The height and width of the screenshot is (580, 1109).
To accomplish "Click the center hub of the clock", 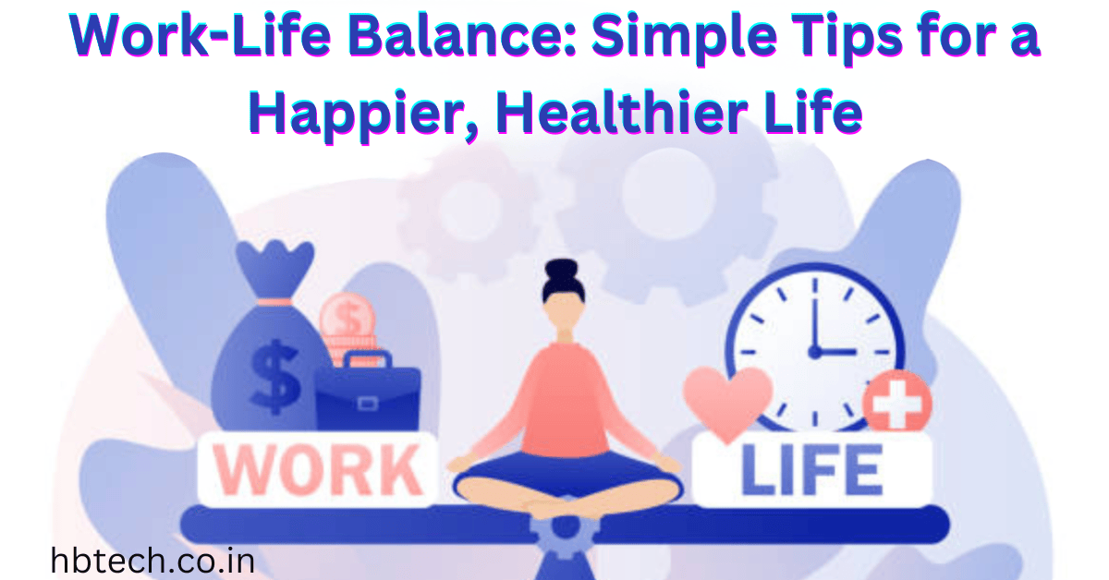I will (x=815, y=351).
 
